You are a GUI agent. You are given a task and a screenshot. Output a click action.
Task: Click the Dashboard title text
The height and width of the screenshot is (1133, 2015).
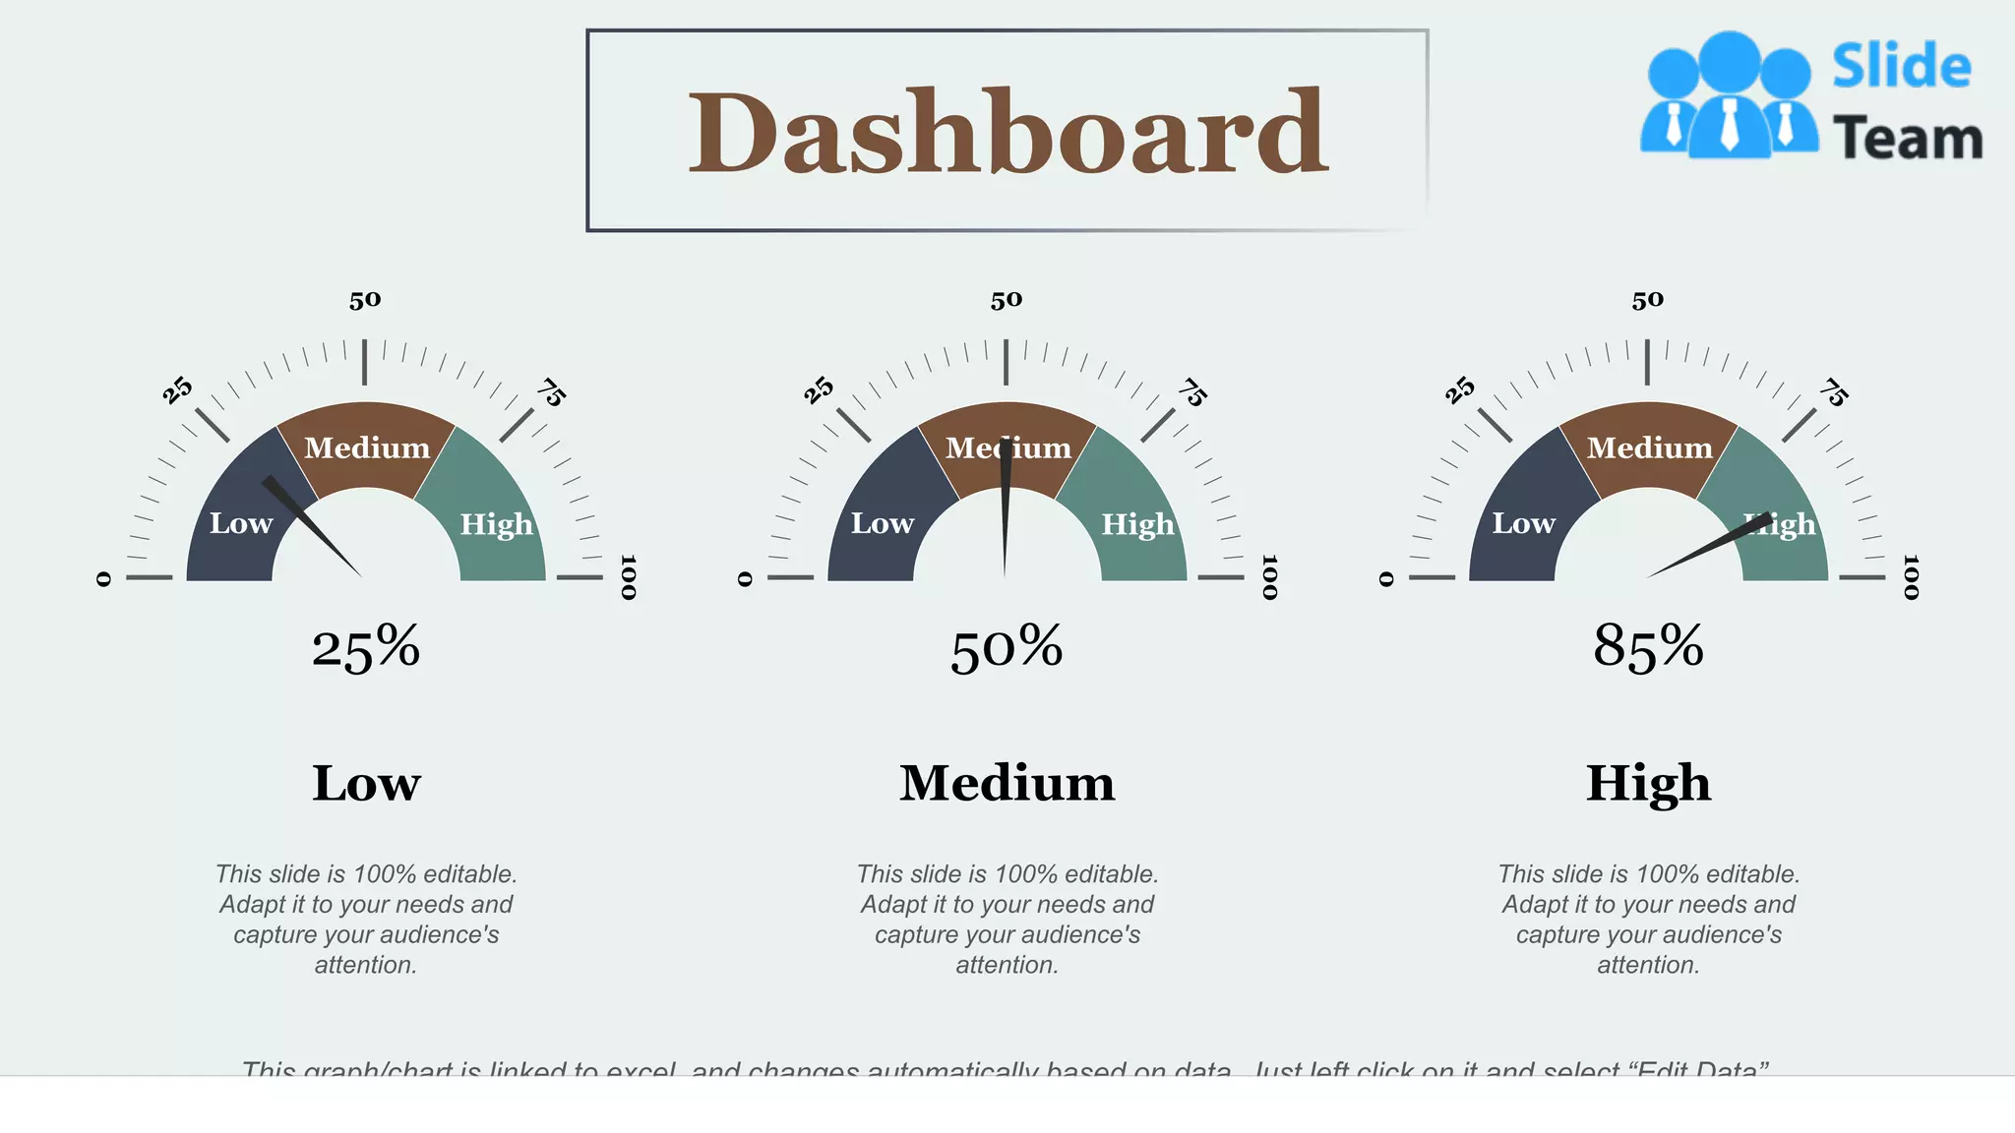pos(1007,132)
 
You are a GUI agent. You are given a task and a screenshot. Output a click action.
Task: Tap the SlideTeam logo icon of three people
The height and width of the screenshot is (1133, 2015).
pos(1729,96)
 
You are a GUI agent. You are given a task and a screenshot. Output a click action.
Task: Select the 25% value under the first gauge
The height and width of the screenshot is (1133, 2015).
pos(366,648)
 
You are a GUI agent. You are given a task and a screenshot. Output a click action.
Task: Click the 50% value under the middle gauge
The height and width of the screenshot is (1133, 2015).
pos(1007,648)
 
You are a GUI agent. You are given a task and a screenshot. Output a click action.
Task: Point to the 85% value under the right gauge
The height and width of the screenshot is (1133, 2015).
pos(1648,648)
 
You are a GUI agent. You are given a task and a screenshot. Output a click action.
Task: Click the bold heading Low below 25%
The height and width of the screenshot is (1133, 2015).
pos(366,784)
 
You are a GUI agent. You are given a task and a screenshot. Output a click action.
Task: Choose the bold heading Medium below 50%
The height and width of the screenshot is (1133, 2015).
pos(1007,784)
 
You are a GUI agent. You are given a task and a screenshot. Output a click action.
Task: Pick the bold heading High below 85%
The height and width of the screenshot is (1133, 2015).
pos(1648,784)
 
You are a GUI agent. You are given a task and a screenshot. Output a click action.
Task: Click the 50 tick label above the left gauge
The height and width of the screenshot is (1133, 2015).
pos(365,300)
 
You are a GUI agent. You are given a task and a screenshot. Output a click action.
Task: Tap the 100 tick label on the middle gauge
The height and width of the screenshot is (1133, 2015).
pos(1269,577)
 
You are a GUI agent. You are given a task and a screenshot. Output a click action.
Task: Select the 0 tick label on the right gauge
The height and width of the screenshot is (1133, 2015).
pos(1386,579)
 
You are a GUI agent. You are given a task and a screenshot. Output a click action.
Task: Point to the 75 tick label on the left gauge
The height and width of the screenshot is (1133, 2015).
pos(551,392)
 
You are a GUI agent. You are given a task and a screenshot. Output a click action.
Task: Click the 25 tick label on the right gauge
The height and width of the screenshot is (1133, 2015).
pos(1460,389)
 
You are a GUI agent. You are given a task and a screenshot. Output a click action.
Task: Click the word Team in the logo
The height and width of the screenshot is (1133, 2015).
pos(1907,139)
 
